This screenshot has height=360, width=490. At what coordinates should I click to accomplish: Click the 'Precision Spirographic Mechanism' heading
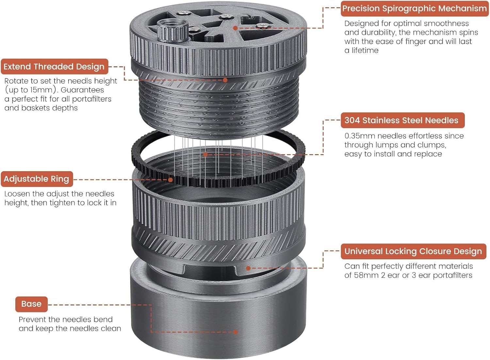pos(415,8)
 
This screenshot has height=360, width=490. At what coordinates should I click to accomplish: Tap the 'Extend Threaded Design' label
pos(55,67)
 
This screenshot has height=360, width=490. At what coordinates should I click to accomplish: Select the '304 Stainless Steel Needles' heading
pos(403,120)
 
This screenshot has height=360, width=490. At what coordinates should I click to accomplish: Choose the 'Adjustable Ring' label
pos(37,179)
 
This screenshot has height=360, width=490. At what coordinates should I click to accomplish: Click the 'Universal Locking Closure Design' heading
pos(414,251)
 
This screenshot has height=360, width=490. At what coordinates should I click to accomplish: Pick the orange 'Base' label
pos(31,304)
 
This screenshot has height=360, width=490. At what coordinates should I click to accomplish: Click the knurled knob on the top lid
pos(173,30)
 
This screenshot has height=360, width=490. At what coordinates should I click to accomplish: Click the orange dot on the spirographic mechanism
pos(236,28)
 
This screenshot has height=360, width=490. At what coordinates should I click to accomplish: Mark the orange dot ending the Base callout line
pos(236,332)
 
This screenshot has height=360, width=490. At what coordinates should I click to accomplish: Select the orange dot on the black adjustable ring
pos(171,180)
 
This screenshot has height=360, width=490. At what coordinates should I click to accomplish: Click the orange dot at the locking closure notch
pos(248,268)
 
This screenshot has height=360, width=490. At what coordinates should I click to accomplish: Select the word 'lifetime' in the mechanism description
pos(365,51)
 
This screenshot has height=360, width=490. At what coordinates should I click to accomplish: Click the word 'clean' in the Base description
pos(111,329)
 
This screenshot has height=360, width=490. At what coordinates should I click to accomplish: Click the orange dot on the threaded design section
pos(225,80)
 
